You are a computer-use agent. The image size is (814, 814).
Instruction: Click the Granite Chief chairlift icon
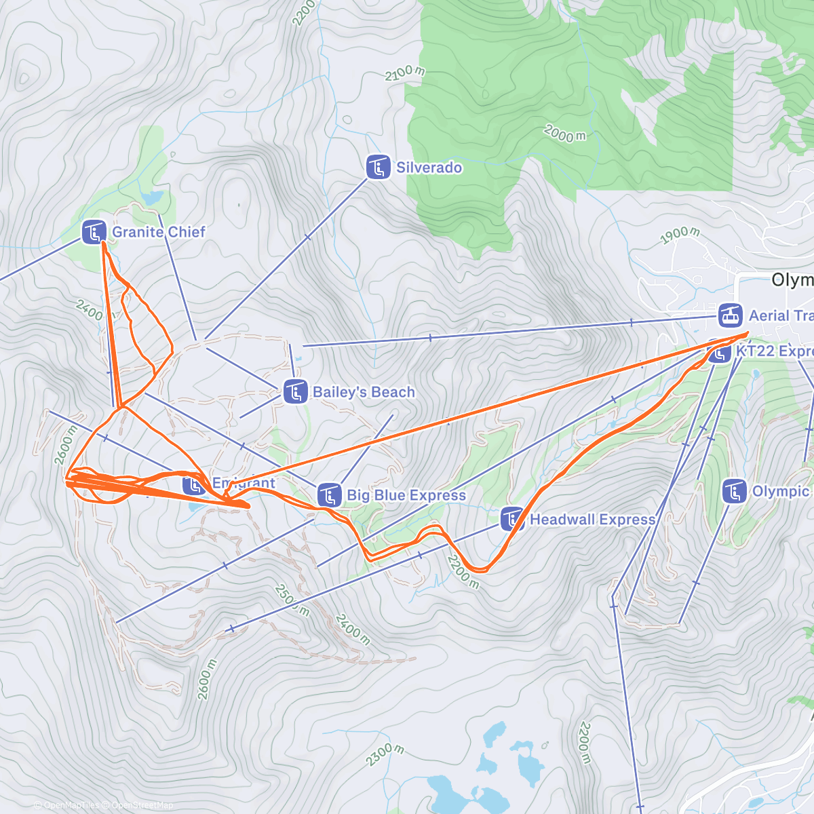94,232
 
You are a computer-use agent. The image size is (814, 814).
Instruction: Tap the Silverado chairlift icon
378,167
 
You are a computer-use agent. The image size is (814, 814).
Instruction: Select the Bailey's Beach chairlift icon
294,391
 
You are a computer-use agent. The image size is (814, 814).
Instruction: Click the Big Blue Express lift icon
329,495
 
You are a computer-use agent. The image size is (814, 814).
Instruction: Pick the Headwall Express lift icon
512,519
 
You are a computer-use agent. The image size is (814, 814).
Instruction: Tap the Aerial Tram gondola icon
730,315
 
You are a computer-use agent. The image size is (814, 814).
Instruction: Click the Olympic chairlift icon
735,491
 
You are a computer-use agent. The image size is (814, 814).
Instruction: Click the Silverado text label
429,168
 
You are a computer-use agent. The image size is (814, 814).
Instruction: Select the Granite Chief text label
158,232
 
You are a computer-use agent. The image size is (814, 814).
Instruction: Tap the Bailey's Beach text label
364,392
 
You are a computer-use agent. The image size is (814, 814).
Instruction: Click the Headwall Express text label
592,520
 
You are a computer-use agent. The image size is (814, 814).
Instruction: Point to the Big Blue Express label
406,495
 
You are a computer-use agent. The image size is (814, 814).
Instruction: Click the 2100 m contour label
405,72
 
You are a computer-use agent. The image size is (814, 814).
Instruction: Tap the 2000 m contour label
564,134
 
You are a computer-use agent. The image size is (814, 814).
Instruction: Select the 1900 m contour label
680,235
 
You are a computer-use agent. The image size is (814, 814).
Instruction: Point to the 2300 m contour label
385,754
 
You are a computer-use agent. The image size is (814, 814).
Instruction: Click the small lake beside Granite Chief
152,197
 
